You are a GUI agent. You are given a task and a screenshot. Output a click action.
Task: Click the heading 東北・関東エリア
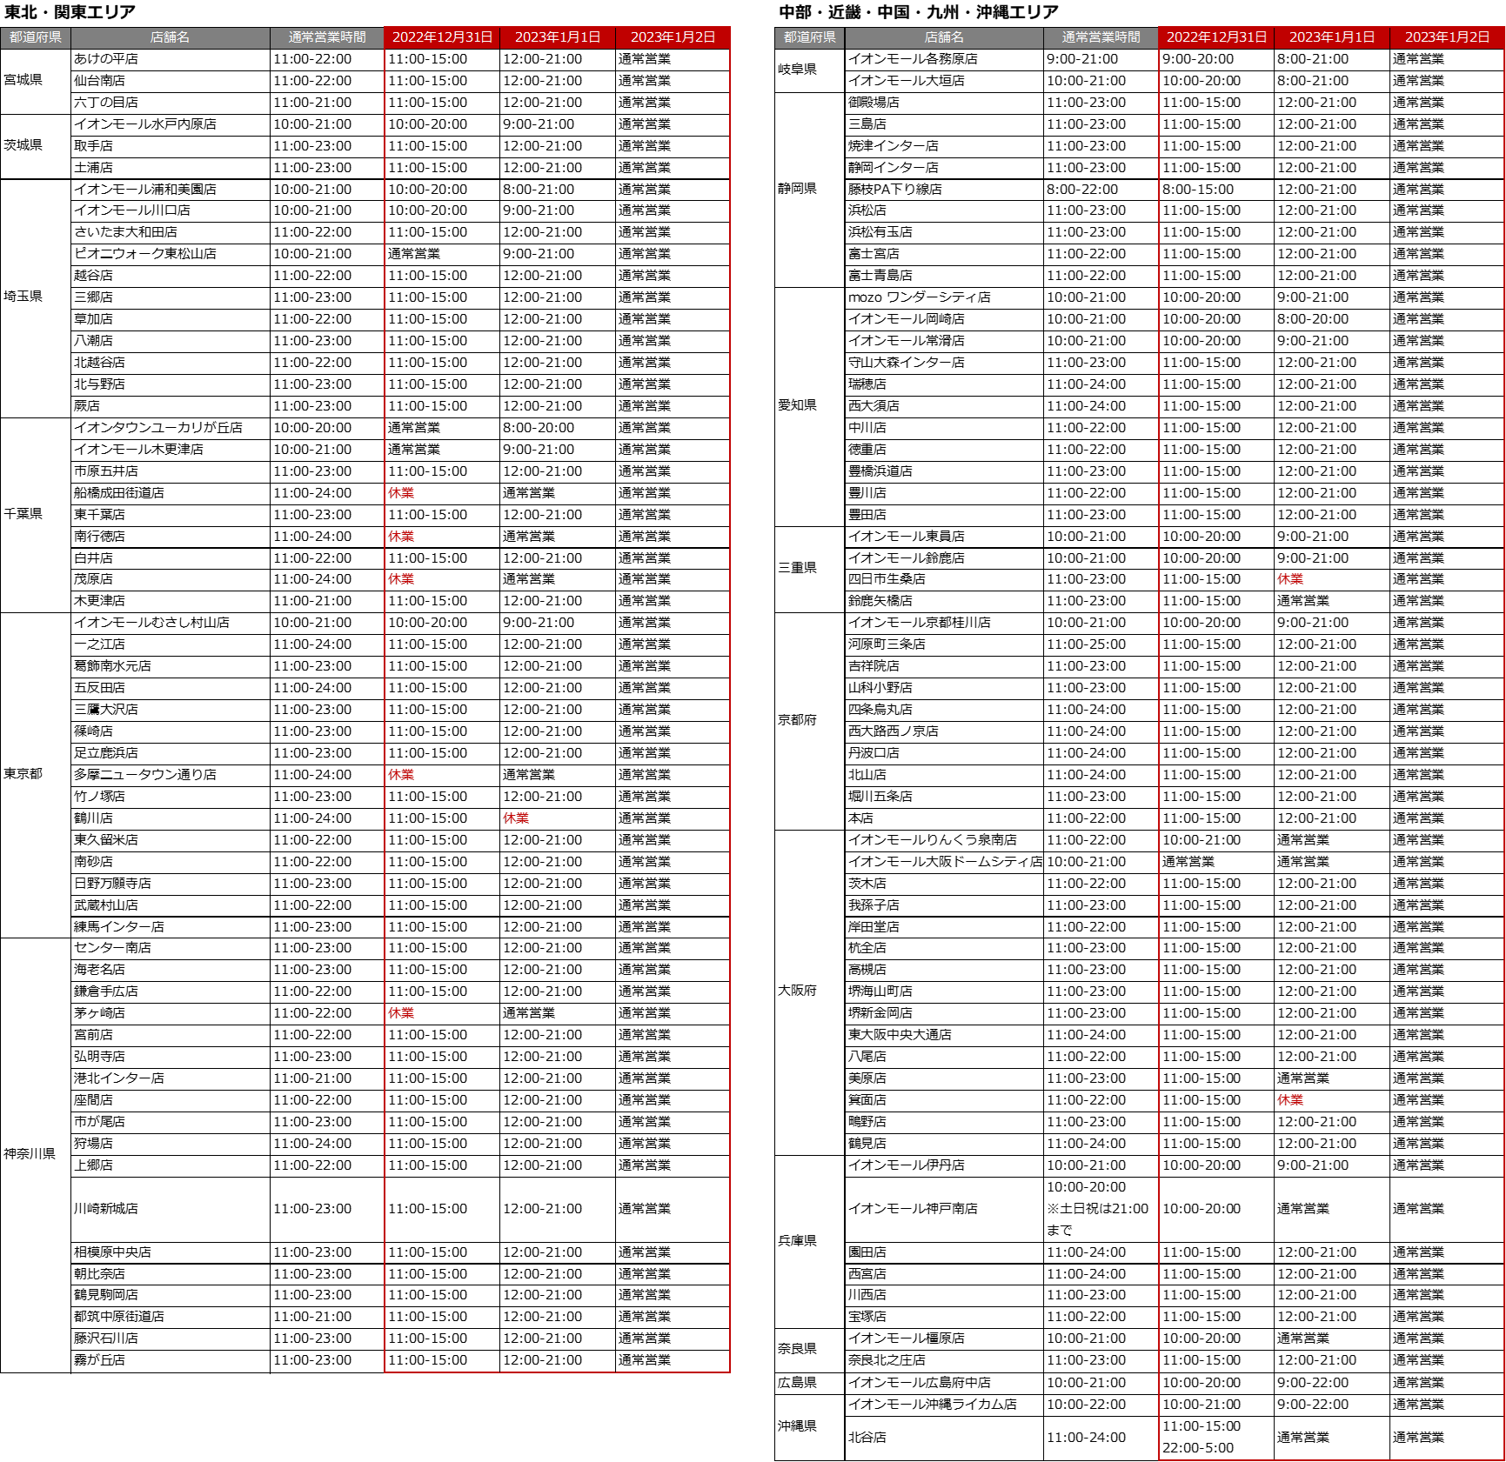pyautogui.click(x=70, y=12)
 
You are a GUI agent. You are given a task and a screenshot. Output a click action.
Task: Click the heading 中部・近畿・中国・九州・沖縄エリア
pyautogui.click(x=919, y=12)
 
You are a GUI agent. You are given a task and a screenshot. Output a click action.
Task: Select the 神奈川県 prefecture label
pyautogui.click(x=30, y=1154)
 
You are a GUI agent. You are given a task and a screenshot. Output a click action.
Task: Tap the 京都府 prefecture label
pyautogui.click(x=797, y=720)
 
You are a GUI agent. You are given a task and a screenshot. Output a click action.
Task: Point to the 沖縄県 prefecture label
pyautogui.click(x=797, y=1426)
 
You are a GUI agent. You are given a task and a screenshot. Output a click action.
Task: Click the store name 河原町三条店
pyautogui.click(x=887, y=644)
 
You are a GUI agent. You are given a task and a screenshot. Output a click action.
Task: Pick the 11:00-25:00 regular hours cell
pyautogui.click(x=1086, y=644)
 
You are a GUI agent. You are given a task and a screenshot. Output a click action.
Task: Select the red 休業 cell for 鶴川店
pyautogui.click(x=516, y=818)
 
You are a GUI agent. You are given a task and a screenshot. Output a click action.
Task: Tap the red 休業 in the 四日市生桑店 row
pyautogui.click(x=1290, y=579)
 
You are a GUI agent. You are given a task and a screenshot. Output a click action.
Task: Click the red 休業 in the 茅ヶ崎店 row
pyautogui.click(x=401, y=1013)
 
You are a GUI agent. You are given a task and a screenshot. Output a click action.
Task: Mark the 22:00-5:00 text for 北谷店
pyautogui.click(x=1197, y=1448)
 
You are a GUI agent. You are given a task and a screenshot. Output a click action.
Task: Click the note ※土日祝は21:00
pyautogui.click(x=1097, y=1209)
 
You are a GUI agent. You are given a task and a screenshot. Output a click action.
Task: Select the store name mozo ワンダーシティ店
pyautogui.click(x=919, y=297)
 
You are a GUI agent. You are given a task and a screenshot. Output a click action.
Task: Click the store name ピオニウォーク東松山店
pyautogui.click(x=145, y=254)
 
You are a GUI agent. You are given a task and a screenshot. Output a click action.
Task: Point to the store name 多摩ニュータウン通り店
pyautogui.click(x=145, y=775)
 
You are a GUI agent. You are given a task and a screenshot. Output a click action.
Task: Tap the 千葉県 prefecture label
pyautogui.click(x=23, y=514)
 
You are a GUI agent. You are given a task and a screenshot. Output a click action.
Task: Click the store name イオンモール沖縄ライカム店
pyautogui.click(x=932, y=1405)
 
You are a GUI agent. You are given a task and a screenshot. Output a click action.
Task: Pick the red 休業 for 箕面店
pyautogui.click(x=1290, y=1100)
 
